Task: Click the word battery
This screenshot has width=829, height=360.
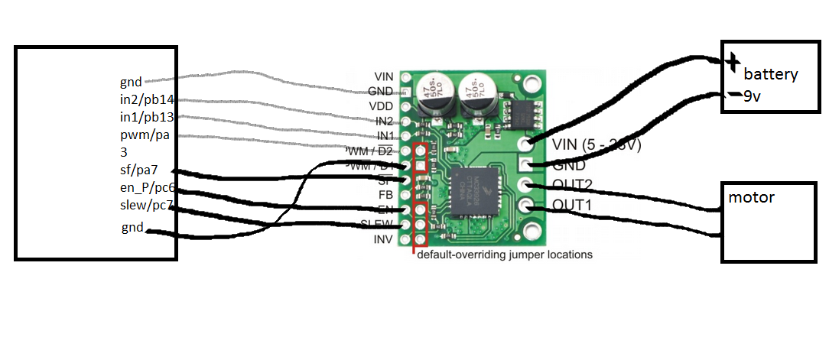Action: [771, 75]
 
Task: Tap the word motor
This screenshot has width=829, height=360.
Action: [751, 198]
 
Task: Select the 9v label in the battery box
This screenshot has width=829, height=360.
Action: [753, 97]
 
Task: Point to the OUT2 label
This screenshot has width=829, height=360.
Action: [571, 185]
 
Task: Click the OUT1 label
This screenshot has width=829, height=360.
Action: [571, 206]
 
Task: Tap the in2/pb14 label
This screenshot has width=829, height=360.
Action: [148, 99]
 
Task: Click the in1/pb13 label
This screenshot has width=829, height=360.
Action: [148, 117]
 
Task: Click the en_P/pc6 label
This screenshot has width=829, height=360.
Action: [148, 187]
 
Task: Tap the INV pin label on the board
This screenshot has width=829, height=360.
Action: [382, 239]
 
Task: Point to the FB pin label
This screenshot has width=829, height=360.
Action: [386, 195]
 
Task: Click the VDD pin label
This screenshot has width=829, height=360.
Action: [382, 105]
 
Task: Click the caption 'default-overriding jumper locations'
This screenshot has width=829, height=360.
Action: [505, 255]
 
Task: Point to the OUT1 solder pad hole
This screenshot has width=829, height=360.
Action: [525, 205]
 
